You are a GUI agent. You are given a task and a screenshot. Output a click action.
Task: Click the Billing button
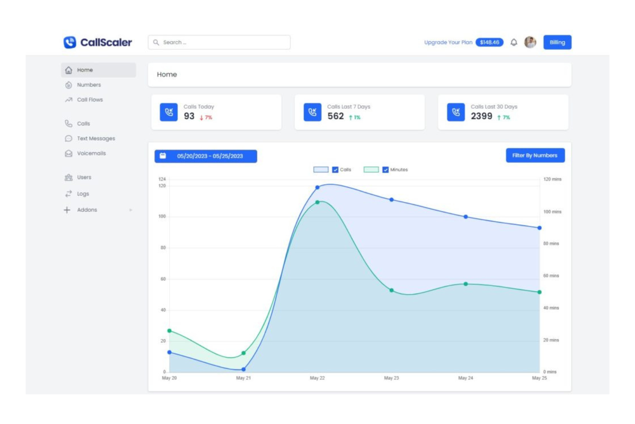coord(557,42)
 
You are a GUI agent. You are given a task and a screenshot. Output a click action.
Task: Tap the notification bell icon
coord(514,42)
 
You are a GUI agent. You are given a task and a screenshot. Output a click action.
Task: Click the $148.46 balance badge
coord(489,42)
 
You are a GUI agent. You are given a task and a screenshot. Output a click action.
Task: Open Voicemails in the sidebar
coord(91,153)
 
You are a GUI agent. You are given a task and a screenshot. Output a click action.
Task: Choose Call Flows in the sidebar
coord(90,100)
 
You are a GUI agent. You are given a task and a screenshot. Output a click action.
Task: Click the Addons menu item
coord(87,210)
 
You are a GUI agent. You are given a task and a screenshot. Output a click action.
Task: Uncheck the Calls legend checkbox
coord(335,170)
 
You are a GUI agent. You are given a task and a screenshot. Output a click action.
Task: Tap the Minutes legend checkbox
coord(385,170)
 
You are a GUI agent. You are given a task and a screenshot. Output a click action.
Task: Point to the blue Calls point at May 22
coord(317,187)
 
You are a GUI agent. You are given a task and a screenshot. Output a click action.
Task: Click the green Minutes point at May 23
coord(391,290)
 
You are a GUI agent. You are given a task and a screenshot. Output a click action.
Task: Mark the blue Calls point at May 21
coord(243,369)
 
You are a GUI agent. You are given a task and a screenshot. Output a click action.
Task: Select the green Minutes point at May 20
coord(169,331)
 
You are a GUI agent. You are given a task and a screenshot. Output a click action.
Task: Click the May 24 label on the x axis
coord(466,378)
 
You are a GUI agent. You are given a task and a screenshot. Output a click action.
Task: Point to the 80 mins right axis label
coord(551,244)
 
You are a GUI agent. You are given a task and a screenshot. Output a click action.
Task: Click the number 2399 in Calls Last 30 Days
coord(481,116)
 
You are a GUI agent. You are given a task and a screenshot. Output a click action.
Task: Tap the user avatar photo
coord(530,42)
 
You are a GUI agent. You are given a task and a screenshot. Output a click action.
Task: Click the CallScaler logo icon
coord(70,42)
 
